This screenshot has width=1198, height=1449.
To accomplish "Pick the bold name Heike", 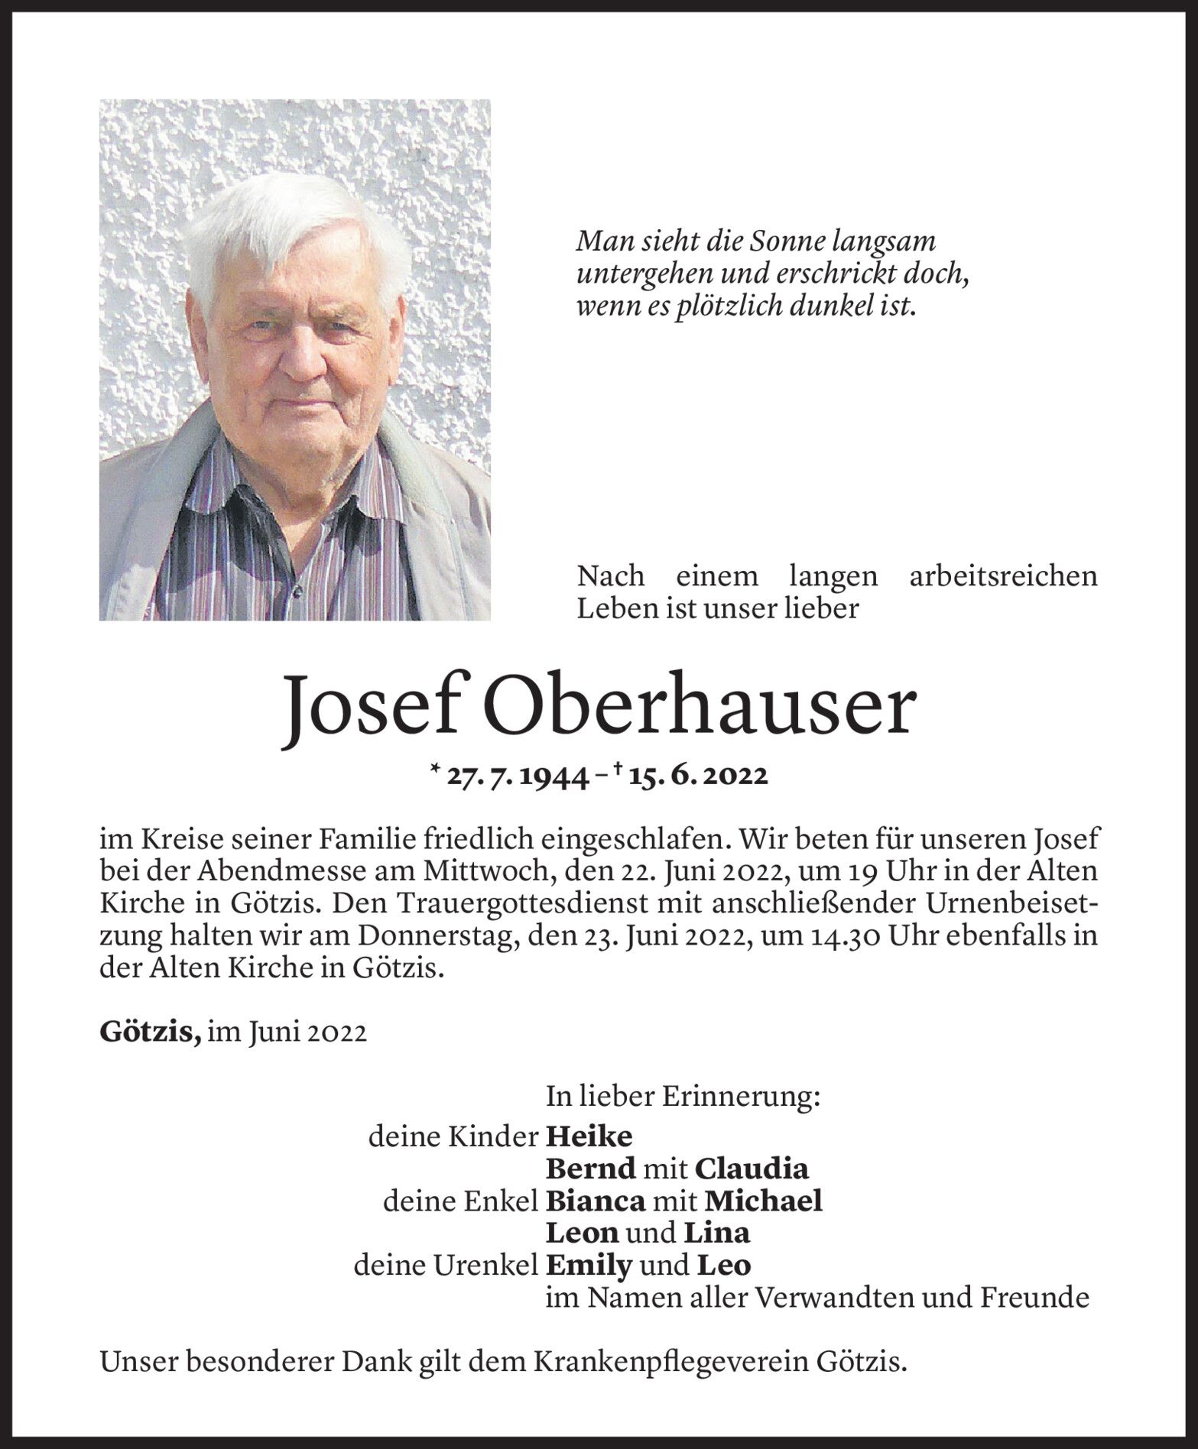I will (589, 1137).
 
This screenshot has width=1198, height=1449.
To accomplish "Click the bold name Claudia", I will (752, 1169).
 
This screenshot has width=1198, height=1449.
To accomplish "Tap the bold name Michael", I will (763, 1201).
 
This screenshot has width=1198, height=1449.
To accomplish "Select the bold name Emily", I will (589, 1266).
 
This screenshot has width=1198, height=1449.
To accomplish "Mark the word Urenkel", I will (496, 1266).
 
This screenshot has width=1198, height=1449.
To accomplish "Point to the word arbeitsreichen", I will (1003, 576).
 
